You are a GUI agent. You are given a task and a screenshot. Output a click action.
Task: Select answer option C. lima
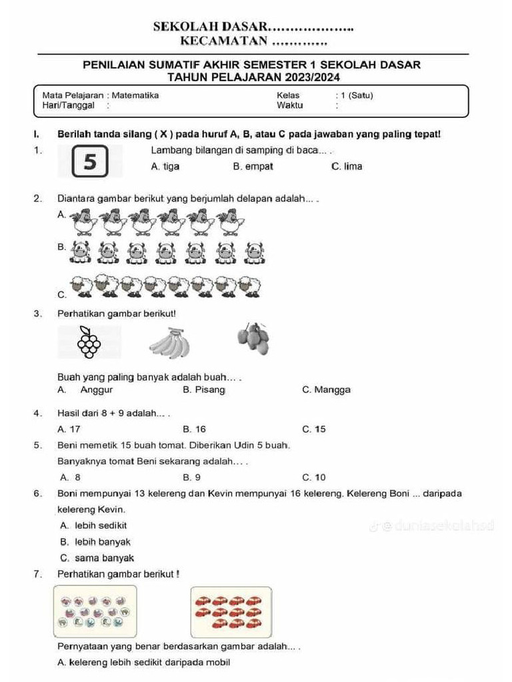[347, 167]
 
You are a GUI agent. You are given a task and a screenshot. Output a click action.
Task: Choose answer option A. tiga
[165, 167]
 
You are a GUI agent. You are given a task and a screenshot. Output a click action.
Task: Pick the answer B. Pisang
[204, 390]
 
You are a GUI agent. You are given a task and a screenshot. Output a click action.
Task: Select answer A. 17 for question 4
[69, 430]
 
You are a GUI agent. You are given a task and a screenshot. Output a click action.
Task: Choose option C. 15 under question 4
[314, 430]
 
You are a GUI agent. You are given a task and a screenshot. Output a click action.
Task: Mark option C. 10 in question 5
[314, 477]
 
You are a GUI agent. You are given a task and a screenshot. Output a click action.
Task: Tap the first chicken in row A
[84, 222]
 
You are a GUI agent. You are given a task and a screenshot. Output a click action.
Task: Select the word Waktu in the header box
[289, 105]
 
